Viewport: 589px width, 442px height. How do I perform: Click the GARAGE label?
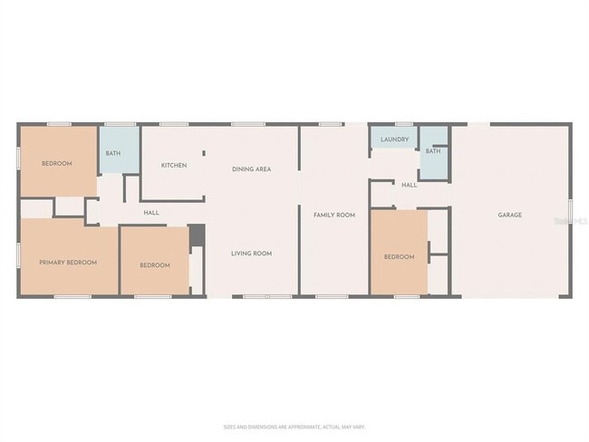pyautogui.click(x=509, y=215)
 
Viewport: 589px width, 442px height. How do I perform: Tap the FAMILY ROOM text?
pyautogui.click(x=333, y=215)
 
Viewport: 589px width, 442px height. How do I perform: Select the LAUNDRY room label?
pyautogui.click(x=394, y=139)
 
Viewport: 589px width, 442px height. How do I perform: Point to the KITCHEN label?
pyautogui.click(x=174, y=165)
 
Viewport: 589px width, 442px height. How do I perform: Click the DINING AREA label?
pyautogui.click(x=251, y=168)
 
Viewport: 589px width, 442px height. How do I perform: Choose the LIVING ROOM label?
pyautogui.click(x=251, y=254)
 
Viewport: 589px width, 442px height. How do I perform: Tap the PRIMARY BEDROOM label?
pyautogui.click(x=68, y=262)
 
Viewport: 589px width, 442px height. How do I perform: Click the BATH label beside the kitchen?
pyautogui.click(x=112, y=153)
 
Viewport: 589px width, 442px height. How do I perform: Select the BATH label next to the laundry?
pyautogui.click(x=433, y=151)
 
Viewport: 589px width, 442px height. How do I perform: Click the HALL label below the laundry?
pyautogui.click(x=409, y=185)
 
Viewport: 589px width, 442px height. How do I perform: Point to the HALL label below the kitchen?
pyautogui.click(x=151, y=213)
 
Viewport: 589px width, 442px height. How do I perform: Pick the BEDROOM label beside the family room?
pyautogui.click(x=399, y=257)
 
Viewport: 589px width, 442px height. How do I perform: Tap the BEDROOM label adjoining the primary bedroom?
pyautogui.click(x=154, y=264)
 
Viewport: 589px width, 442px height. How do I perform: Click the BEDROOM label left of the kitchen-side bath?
pyautogui.click(x=56, y=164)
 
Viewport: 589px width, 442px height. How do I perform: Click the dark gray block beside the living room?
pyautogui.click(x=197, y=235)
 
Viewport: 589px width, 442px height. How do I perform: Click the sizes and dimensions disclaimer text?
pyautogui.click(x=294, y=426)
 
